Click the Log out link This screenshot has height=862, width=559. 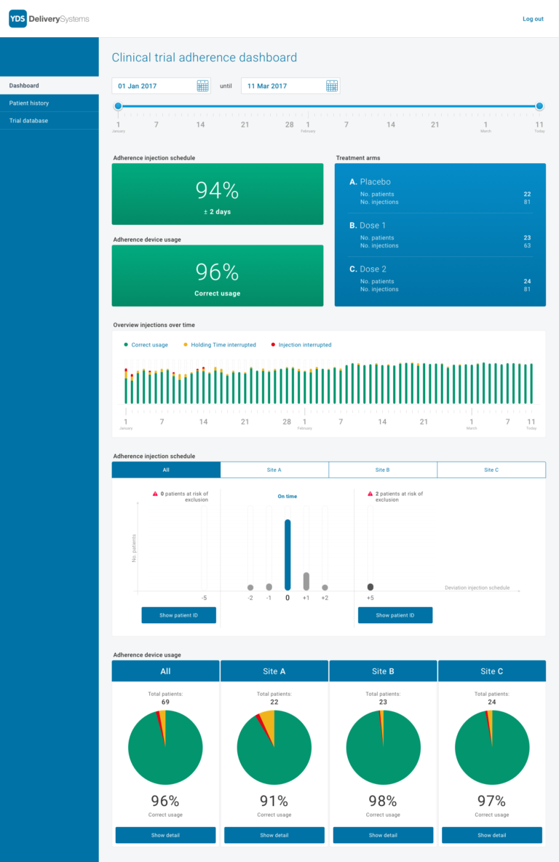coord(533,19)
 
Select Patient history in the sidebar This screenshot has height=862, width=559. coord(29,103)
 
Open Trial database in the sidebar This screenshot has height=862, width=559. coord(28,121)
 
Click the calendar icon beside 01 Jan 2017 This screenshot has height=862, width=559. coord(203,86)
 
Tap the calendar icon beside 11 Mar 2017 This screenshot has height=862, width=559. coord(332,86)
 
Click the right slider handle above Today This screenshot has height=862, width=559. coord(539,106)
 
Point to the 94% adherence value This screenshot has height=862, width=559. coord(217,190)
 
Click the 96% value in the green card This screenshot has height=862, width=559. coord(217,272)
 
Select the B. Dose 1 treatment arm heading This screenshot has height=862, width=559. coord(368,226)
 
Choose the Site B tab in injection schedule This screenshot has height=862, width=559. coord(383,470)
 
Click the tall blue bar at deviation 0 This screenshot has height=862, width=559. coord(288,554)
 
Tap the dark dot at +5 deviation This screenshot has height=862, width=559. coord(370,587)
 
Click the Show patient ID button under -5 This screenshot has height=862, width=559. coord(178,615)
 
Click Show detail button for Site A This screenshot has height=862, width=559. coord(274,835)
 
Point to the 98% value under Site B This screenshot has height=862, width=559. coord(382,801)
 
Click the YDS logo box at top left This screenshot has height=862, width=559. coord(17,19)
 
